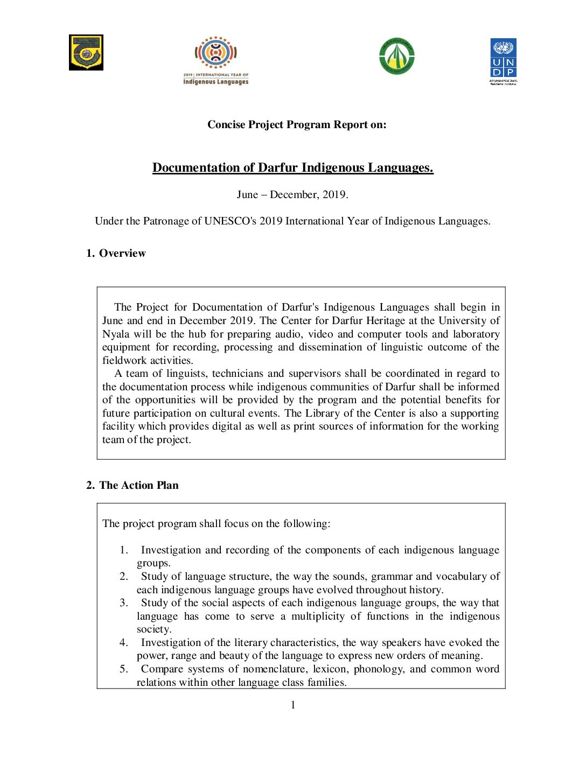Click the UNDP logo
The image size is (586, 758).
503,60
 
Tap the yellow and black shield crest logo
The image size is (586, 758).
86,53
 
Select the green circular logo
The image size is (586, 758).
397,56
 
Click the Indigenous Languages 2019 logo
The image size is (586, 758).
215,60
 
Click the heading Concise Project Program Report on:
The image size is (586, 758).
297,125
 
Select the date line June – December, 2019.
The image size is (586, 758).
292,195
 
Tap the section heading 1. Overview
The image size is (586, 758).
116,254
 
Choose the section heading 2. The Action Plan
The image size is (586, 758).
132,486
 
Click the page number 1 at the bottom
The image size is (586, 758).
293,705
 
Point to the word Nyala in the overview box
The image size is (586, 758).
116,334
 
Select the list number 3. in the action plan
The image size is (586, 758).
124,603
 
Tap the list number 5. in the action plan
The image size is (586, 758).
124,669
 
